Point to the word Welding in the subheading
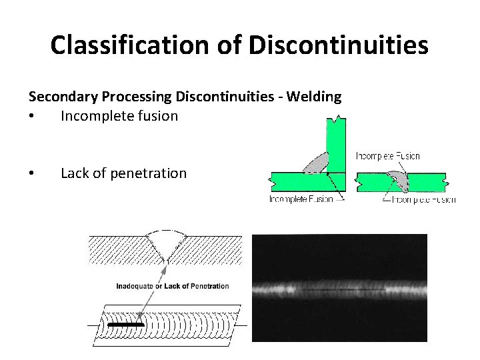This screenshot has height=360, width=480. pyautogui.click(x=314, y=97)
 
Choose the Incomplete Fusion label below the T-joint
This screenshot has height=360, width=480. pyautogui.click(x=301, y=199)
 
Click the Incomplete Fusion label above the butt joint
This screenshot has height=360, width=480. pyautogui.click(x=388, y=156)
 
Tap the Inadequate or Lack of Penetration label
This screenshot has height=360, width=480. pyautogui.click(x=173, y=286)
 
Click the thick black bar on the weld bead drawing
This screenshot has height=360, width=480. pyautogui.click(x=126, y=325)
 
